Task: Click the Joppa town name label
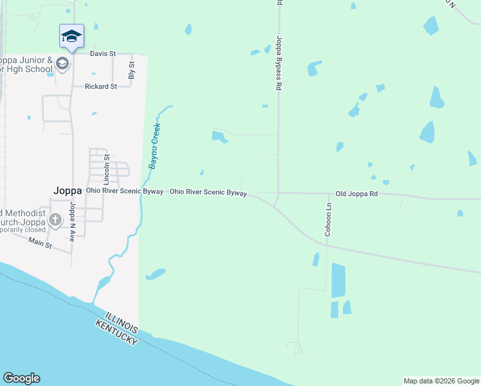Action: [68, 190]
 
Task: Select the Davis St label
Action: [102, 54]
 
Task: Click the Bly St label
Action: [132, 70]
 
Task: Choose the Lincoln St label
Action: [107, 166]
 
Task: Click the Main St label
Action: [40, 243]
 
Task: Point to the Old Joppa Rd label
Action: [357, 193]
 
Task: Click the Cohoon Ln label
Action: [328, 220]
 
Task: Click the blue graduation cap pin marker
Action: [71, 37]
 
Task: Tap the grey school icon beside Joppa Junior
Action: [62, 63]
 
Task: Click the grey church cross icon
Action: [56, 220]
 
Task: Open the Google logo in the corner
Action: [21, 378]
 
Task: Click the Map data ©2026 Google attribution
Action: [440, 381]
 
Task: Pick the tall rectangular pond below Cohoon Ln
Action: [338, 280]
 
